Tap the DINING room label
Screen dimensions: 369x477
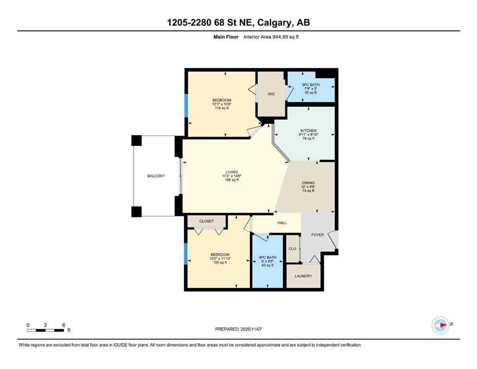pos(308,182)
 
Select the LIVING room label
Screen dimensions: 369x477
pos(232,172)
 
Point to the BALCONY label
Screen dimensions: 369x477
pos(156,176)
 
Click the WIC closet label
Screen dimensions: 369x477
pos(271,94)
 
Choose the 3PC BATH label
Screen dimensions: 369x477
pos(309,85)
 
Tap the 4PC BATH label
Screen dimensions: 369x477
pos(269,257)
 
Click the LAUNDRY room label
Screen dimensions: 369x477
pos(304,276)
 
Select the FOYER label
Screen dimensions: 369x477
pos(318,235)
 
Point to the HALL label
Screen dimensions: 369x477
pos(282,223)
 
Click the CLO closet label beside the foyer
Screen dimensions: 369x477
pos(292,249)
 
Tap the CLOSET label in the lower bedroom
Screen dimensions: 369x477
pos(207,221)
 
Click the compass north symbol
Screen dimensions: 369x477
pos(440,325)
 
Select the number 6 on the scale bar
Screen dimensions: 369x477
pos(63,325)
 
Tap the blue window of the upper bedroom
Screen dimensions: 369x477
pos(186,105)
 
